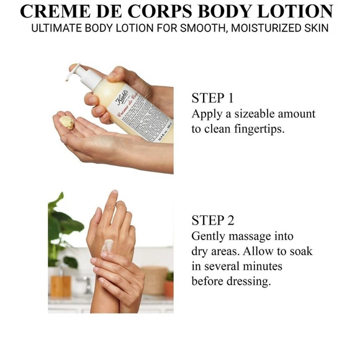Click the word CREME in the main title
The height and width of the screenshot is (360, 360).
tap(52, 12)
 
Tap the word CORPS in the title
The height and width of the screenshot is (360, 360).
tap(162, 12)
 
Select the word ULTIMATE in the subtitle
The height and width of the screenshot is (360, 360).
tap(56, 29)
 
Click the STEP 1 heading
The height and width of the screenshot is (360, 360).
tap(213, 99)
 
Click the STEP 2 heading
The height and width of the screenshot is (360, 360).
tap(213, 221)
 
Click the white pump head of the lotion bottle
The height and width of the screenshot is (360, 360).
tap(75, 70)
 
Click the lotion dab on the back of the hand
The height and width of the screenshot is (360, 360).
tap(107, 246)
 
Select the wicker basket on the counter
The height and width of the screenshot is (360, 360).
tap(153, 281)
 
